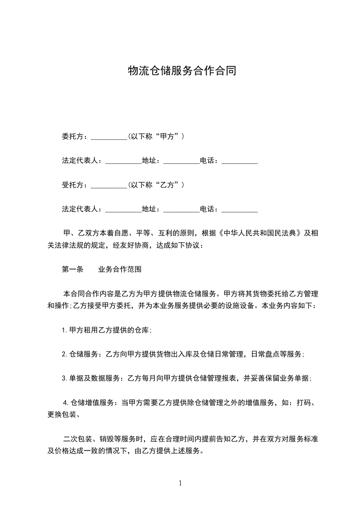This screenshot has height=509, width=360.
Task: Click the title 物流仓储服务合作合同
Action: [x=182, y=71]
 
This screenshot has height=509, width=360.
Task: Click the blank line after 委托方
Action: [x=109, y=137]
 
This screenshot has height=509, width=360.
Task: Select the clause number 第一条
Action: [x=73, y=269]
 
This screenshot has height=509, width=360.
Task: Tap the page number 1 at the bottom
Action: [x=180, y=483]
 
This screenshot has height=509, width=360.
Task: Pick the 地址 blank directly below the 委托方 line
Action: [x=181, y=161]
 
